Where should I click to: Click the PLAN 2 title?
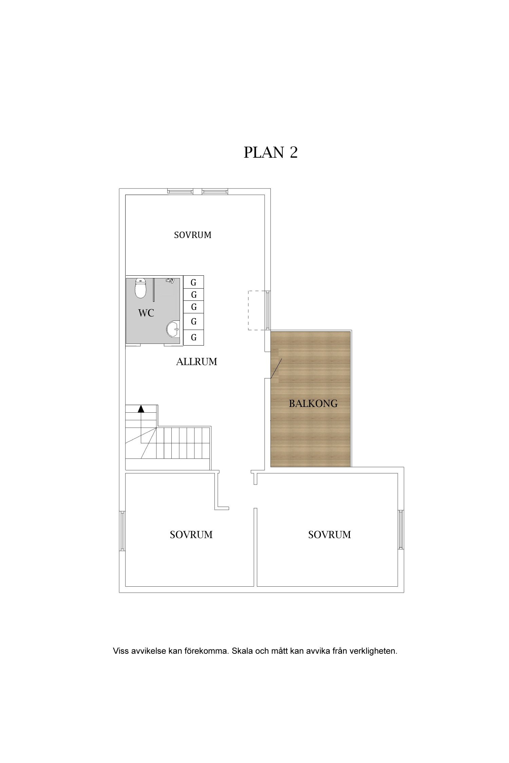[x=270, y=153]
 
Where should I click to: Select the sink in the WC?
[x=173, y=329]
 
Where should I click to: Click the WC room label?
[x=146, y=313]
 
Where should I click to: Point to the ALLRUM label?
[x=196, y=362]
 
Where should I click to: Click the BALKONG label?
[x=313, y=404]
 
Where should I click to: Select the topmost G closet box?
[x=194, y=282]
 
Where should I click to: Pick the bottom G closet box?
[x=194, y=337]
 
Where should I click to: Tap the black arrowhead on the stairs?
[x=141, y=409]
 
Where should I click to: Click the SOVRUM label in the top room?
[x=192, y=235]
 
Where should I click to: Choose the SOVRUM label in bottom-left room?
[x=191, y=535]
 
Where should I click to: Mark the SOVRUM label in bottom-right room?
[x=329, y=535]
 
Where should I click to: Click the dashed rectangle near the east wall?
[x=257, y=310]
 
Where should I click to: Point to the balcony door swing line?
[x=276, y=369]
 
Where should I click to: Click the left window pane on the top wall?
[x=180, y=192]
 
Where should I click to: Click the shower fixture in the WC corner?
[x=170, y=280]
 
